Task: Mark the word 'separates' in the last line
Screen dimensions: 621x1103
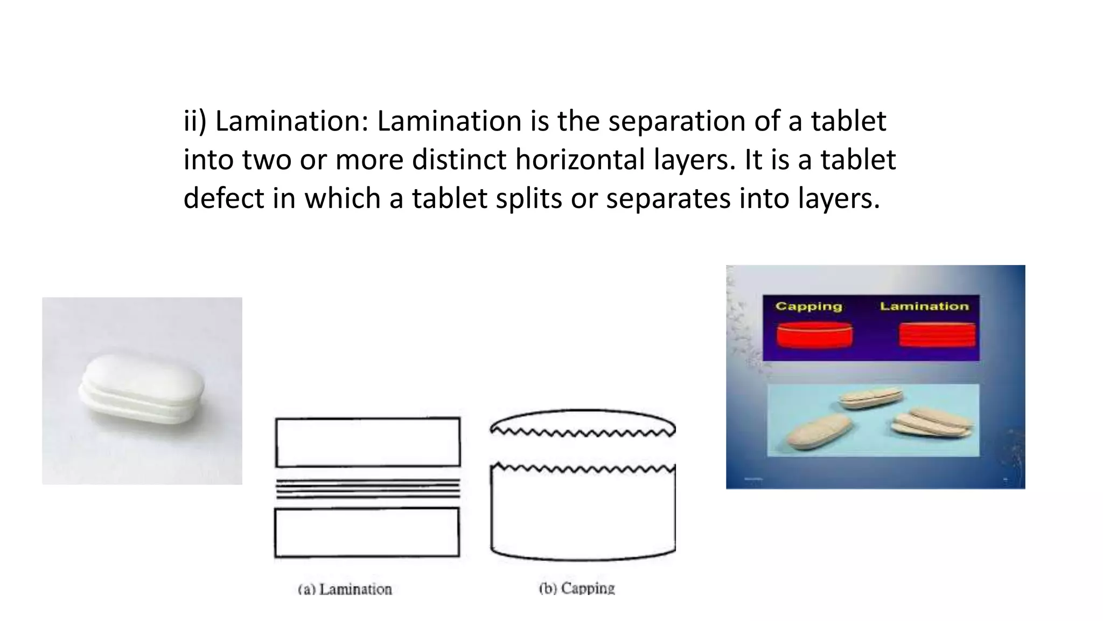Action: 668,198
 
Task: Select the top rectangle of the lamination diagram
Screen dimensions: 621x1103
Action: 368,442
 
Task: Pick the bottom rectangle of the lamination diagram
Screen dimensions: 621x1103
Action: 367,533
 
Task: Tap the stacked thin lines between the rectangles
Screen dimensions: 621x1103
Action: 368,488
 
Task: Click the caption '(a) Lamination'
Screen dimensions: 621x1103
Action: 345,589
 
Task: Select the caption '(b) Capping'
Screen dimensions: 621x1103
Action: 577,588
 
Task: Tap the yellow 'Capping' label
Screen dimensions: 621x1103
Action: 808,306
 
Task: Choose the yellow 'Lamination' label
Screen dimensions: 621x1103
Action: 924,306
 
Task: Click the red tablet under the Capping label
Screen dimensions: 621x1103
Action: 814,336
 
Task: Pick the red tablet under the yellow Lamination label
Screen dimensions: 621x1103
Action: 937,335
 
